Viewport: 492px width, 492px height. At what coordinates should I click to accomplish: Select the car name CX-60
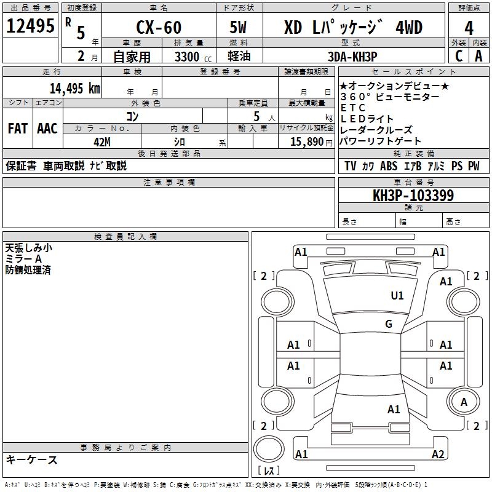pos(157,28)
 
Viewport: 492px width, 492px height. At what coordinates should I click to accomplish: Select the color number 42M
pos(102,141)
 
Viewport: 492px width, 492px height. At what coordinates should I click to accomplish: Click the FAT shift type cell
pos(18,129)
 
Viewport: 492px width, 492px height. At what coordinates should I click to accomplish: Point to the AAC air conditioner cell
pos(47,129)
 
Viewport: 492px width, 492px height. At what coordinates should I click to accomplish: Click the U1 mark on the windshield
pos(397,296)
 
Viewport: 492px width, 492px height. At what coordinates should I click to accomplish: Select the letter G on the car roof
pos(389,324)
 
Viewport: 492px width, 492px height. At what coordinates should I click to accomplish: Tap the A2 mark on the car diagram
pos(438,454)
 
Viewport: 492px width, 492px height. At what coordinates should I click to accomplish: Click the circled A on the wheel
pos(464,402)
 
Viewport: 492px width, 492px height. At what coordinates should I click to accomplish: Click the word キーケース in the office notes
pos(31,459)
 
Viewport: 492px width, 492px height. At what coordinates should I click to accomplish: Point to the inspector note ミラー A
pos(23,259)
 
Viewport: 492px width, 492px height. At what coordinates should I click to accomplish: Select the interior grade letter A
pos(478,55)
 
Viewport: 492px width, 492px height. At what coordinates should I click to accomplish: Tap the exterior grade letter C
pos(459,55)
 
